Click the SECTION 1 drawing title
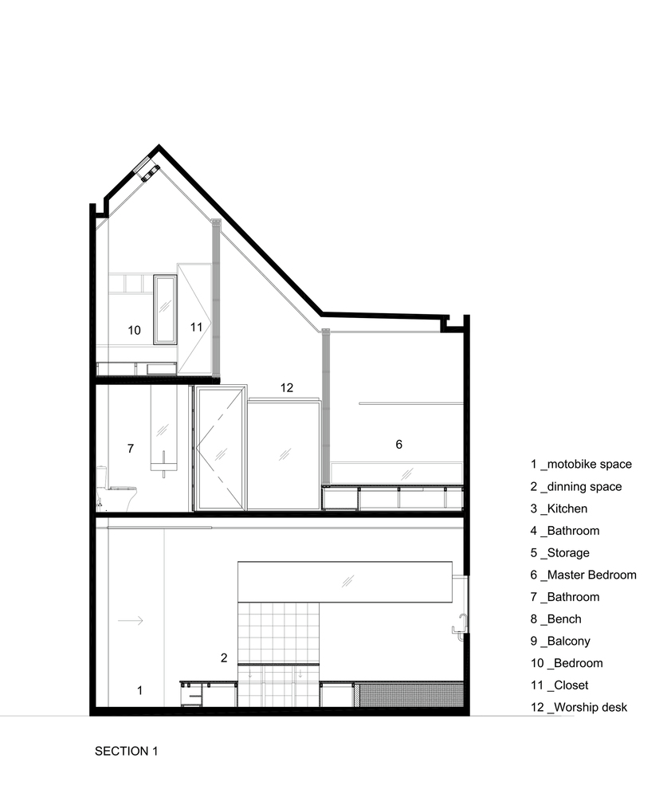[126, 751]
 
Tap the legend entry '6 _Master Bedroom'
[583, 575]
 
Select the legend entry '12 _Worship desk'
[579, 707]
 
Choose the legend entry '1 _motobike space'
[581, 464]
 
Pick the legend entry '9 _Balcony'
[560, 641]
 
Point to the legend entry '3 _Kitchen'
[559, 508]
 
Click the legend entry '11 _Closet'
[559, 685]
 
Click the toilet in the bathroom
[116, 489]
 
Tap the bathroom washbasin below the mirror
[163, 464]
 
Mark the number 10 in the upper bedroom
[134, 331]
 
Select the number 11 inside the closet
[196, 327]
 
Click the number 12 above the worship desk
[287, 388]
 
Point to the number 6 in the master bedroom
[399, 444]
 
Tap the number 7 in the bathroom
[131, 448]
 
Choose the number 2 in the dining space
[224, 658]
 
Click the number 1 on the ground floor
[139, 690]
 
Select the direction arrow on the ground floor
[131, 620]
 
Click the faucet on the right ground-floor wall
[460, 626]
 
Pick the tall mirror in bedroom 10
[165, 309]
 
